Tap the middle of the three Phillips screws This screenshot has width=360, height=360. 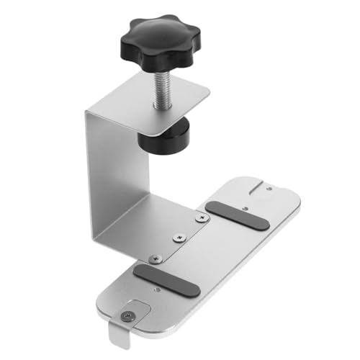pos(176,235)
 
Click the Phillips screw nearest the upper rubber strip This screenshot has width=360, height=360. pos(199,215)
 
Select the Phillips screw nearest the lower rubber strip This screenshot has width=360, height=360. pos(152,257)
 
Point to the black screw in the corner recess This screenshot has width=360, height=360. pos(127,314)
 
